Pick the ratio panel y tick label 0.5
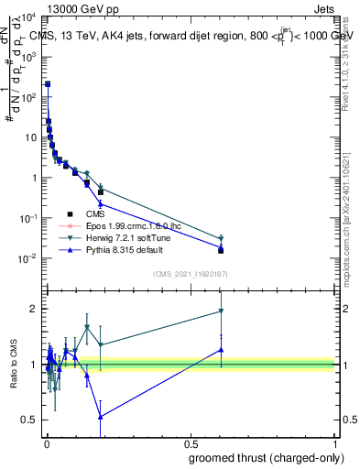27,420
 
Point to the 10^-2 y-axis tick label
29,258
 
